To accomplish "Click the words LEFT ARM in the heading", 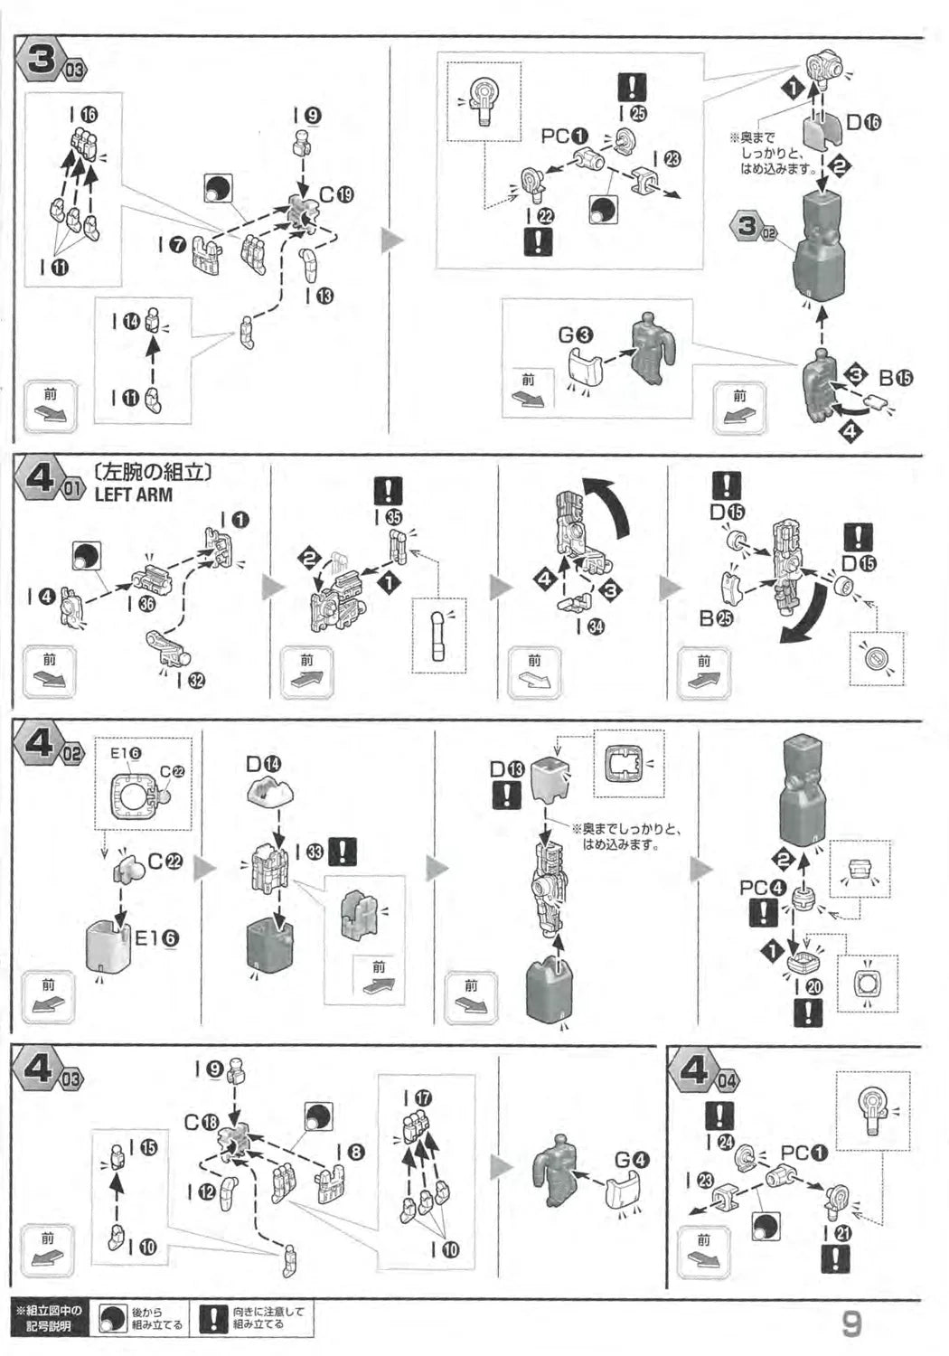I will point(133,494).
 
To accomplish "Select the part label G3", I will point(575,335).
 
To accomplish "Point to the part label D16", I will point(863,123).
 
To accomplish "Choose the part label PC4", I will point(762,888).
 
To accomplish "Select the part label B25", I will point(717,619).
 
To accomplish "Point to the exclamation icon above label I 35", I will point(389,491).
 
